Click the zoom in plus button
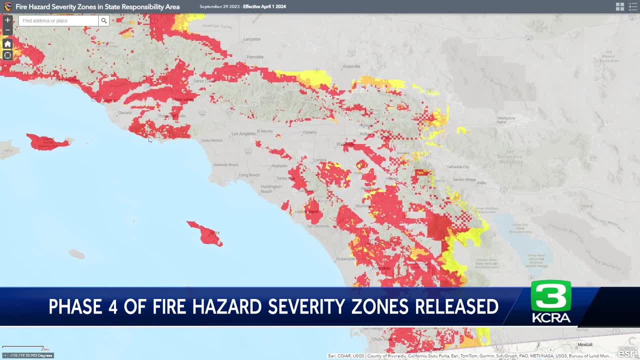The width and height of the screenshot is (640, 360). tap(7, 20)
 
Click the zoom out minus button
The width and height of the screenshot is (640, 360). tap(7, 30)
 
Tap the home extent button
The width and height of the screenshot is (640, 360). tap(7, 44)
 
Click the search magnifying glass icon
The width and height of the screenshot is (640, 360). tap(103, 20)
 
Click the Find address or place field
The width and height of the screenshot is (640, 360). tap(58, 20)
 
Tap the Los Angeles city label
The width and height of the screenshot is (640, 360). tap(243, 134)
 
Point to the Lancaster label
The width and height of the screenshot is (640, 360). tap(252, 39)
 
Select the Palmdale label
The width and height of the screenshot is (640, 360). tap(255, 57)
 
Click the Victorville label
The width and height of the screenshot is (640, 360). tap(351, 66)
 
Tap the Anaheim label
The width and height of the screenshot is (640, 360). tap(279, 165)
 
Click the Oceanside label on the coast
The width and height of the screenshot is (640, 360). tap(346, 258)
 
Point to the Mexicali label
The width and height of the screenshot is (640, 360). tap(584, 344)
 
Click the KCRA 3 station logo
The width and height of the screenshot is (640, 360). tap(550, 301)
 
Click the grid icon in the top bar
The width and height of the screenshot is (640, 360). tap(620, 6)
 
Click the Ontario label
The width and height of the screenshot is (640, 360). tap(310, 132)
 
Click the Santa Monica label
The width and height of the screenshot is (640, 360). tap(212, 140)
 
